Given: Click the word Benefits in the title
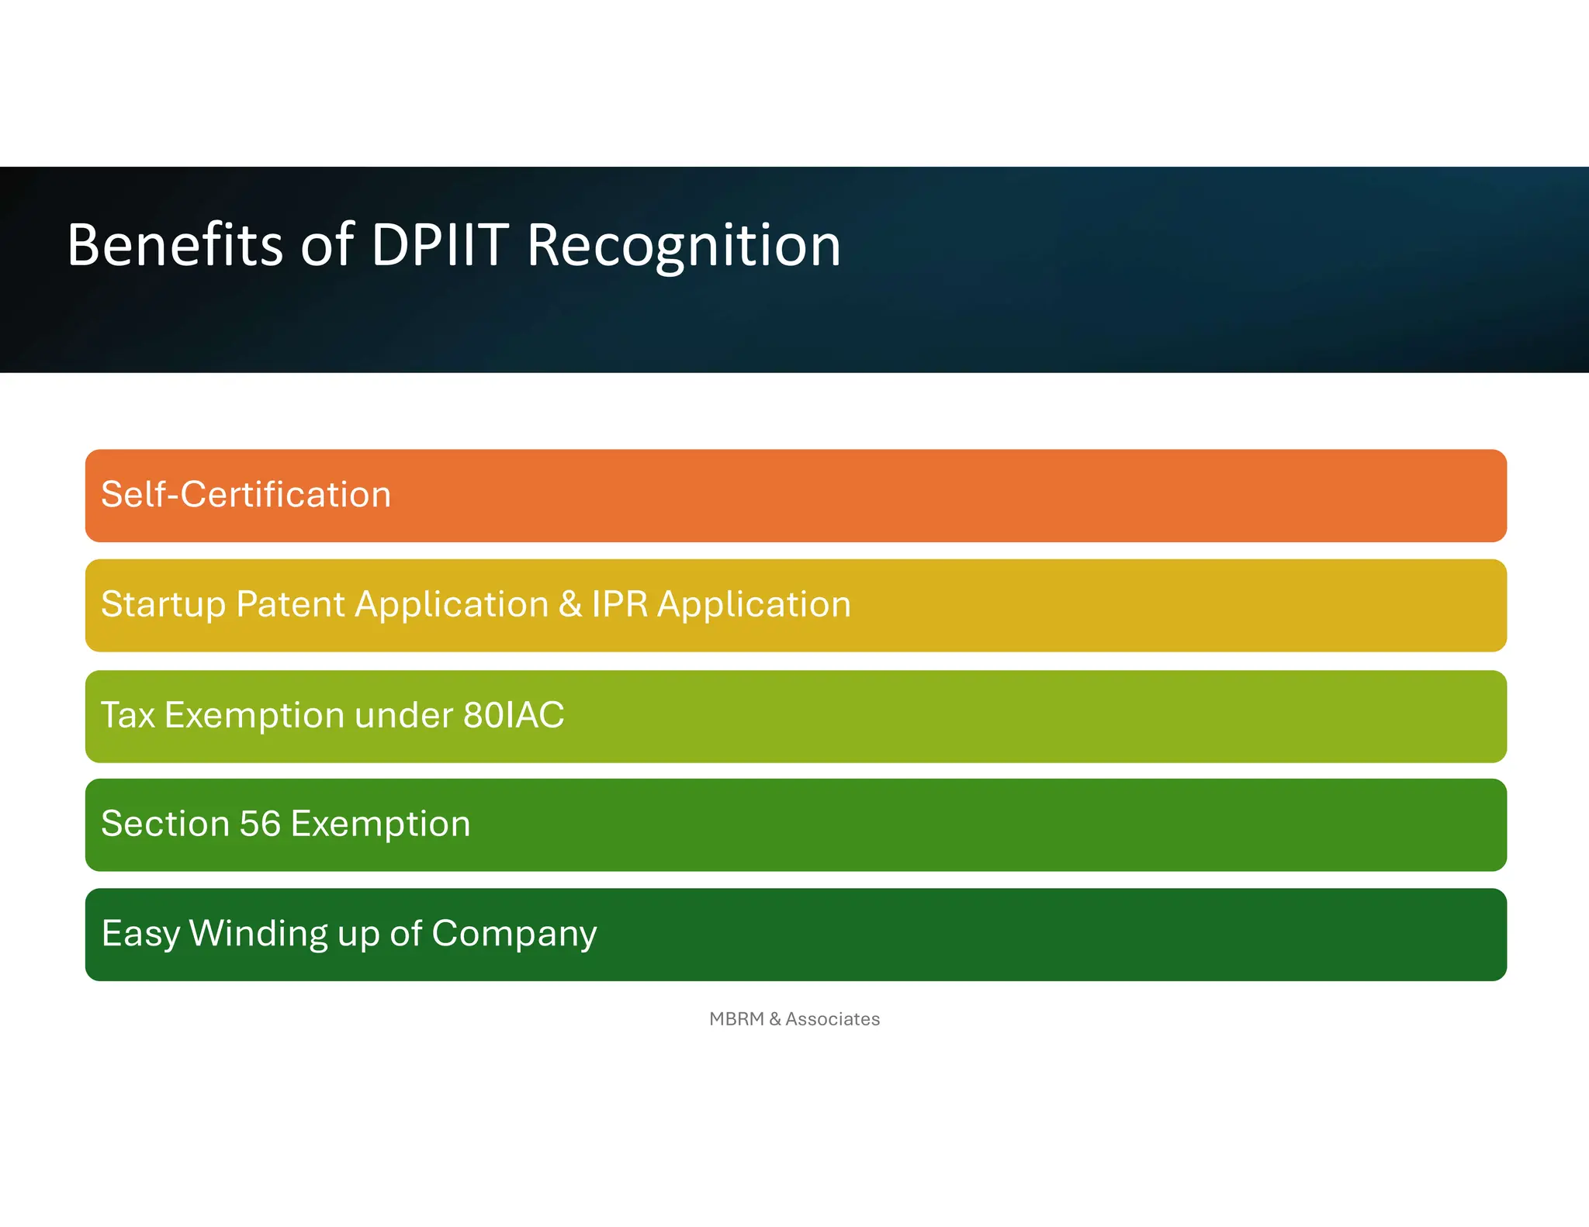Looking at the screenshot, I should tap(175, 245).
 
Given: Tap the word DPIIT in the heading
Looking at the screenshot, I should tap(440, 245).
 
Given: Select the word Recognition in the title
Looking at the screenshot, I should tap(684, 245).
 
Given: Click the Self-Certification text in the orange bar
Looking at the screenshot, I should tap(246, 495).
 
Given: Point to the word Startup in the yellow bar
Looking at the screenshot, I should tap(163, 605).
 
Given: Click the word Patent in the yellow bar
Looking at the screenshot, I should tap(290, 604).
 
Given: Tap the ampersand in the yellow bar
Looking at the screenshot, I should tap(570, 604).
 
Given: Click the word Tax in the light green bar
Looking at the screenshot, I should tap(128, 715).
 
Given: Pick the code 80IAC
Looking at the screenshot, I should tap(514, 715).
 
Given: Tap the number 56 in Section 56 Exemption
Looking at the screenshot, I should tap(260, 824).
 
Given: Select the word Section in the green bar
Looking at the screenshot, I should tap(165, 824).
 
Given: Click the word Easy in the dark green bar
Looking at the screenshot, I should tap(140, 934).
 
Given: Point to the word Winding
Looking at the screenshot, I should tap(258, 934).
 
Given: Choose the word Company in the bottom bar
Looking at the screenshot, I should tap(514, 934).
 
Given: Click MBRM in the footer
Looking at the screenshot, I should tap(736, 1019).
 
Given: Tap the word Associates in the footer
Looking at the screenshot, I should tap(833, 1019).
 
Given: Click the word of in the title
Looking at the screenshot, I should tap(327, 245).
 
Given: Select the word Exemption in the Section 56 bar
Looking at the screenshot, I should tap(380, 824).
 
